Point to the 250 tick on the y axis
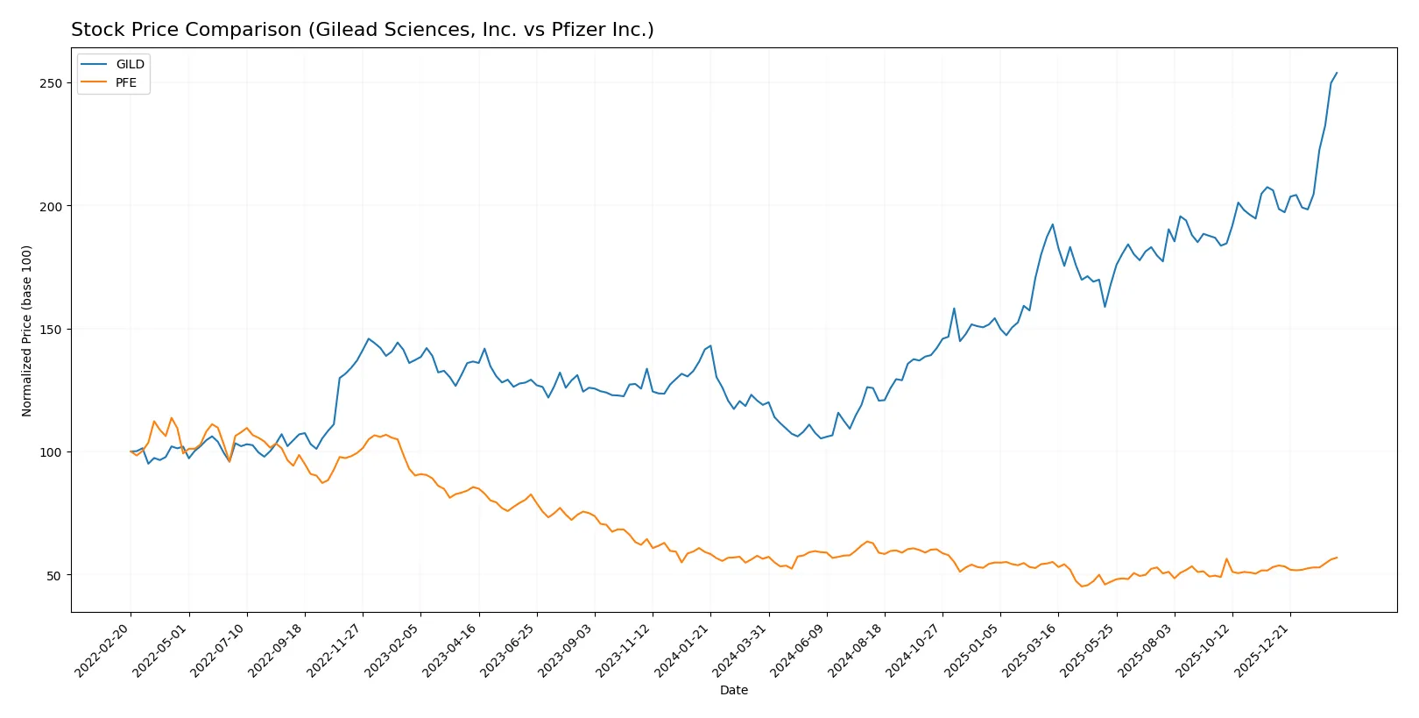pos(52,83)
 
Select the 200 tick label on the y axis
pos(52,206)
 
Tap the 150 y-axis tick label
pos(52,330)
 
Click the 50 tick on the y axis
pos(54,576)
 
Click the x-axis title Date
pos(733,691)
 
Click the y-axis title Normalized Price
pos(27,331)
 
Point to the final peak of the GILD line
pos(1337,73)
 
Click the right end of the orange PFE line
pos(1337,558)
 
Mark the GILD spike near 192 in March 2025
pos(1053,224)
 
